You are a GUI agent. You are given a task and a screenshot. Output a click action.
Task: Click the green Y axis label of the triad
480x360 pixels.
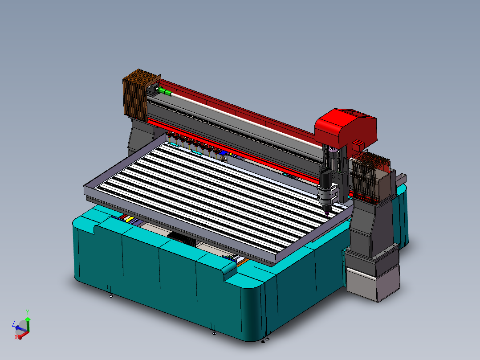click(28, 312)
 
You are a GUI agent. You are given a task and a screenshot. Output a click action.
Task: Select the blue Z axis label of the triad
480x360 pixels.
click(13, 323)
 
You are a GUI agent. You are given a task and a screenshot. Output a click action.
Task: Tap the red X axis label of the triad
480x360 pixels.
click(16, 337)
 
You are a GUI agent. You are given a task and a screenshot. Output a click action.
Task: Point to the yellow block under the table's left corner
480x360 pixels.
click(130, 219)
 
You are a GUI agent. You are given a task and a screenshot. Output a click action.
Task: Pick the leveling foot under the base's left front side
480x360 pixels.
click(110, 295)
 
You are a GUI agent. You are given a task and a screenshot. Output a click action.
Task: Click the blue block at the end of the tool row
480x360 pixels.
click(223, 152)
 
